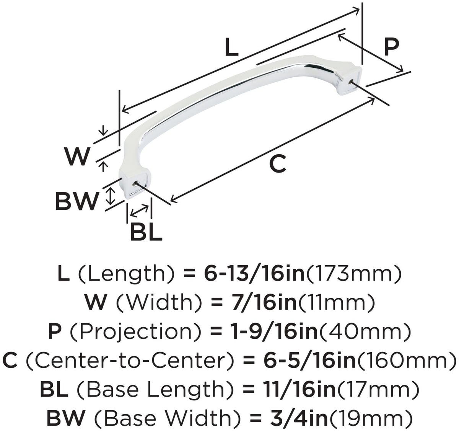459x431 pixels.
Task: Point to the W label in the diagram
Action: pyautogui.click(x=77, y=156)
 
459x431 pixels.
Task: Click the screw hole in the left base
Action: pyautogui.click(x=134, y=184)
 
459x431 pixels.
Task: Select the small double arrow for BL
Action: pyautogui.click(x=140, y=210)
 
